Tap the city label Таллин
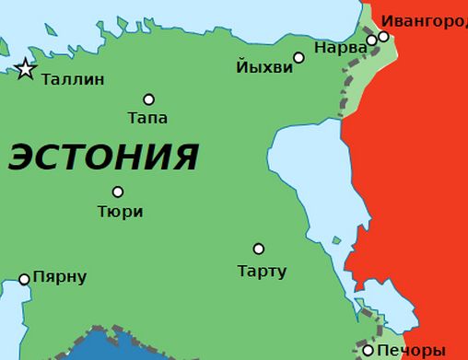coord(73,80)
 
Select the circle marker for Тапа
coord(148,99)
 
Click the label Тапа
coord(147,118)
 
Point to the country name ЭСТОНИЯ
coord(103,157)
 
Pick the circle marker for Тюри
coord(118,192)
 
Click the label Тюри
coord(120,211)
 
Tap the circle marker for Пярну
coord(24,279)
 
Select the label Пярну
coord(60,277)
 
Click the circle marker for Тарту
coord(259,249)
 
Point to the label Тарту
coord(262,272)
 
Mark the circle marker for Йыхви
coord(298,58)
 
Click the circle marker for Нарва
coord(372,41)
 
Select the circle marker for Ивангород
coord(383,37)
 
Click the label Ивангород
coord(424,20)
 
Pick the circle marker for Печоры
coord(369,350)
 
